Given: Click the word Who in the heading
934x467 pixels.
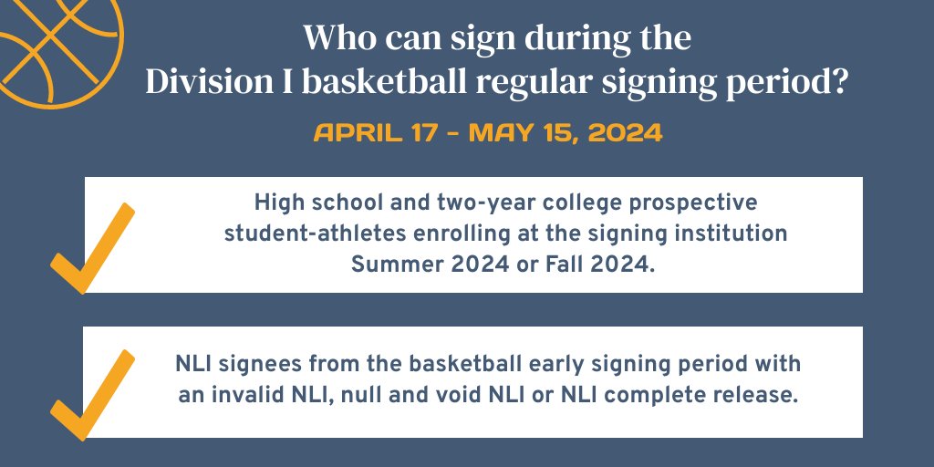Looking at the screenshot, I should [x=332, y=39].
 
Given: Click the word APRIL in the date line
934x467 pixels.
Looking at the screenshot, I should [x=351, y=132].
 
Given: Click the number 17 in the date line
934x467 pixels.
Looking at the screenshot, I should [x=414, y=132].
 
